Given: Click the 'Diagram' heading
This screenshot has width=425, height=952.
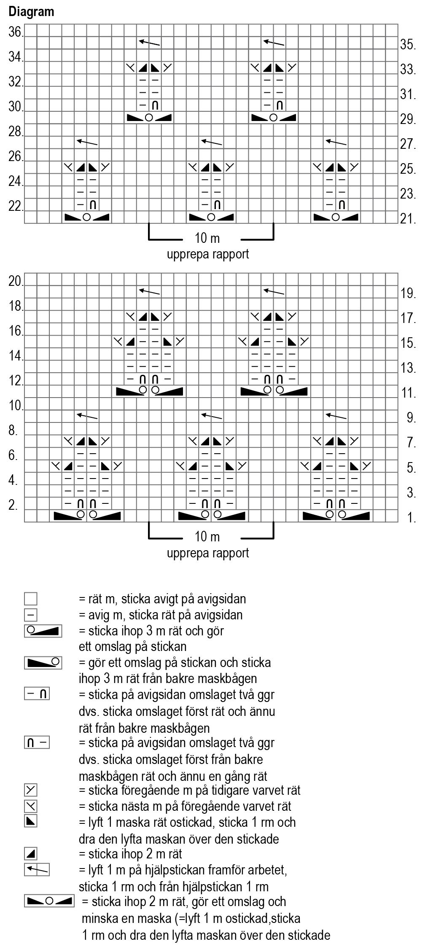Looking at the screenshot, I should (x=31, y=11).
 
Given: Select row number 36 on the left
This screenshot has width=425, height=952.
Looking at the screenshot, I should (x=16, y=32).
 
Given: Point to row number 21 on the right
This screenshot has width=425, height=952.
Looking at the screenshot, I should (x=408, y=219).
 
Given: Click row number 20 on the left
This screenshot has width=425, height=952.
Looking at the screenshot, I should (x=16, y=281).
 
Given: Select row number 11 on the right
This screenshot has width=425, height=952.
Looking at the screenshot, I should (x=408, y=393).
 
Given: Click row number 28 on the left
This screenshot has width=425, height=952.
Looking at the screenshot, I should (x=16, y=132).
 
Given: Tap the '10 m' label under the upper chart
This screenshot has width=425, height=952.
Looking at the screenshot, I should (x=207, y=239).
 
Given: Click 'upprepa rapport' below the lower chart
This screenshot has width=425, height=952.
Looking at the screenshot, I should (x=208, y=553).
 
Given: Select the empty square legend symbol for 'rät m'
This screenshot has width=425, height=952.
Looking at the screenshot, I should (x=31, y=599).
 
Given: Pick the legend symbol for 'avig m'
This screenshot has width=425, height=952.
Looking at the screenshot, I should (x=31, y=615).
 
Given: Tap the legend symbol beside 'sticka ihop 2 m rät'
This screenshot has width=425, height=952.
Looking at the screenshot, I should (x=31, y=854).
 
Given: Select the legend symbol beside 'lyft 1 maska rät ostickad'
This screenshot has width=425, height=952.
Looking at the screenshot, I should (x=31, y=822).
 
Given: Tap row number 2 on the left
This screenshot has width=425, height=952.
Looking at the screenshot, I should (x=13, y=505).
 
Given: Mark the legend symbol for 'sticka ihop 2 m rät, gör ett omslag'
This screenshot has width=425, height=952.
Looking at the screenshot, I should (x=49, y=901).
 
